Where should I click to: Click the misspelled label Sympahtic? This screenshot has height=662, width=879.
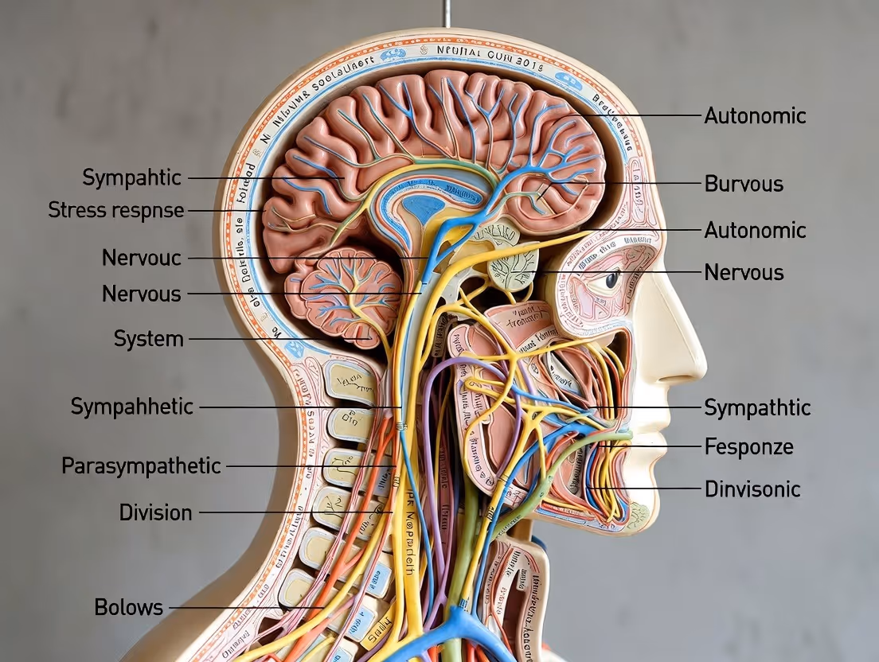click(x=132, y=177)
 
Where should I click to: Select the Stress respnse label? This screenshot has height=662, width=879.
click(x=115, y=211)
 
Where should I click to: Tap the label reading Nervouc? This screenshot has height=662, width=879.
click(x=142, y=258)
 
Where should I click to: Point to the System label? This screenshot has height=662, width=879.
click(x=148, y=339)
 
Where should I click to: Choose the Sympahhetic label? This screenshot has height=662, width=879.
click(x=131, y=407)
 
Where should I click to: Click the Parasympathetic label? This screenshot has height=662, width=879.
click(x=141, y=465)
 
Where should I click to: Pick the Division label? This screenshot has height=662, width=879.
click(x=155, y=512)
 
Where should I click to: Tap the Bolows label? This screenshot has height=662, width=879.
click(x=128, y=607)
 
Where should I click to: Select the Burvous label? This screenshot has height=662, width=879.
click(x=744, y=184)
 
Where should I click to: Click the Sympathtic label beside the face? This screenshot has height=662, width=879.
click(x=757, y=407)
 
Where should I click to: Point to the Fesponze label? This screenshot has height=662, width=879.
click(x=748, y=446)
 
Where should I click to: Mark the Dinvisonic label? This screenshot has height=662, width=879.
click(x=752, y=489)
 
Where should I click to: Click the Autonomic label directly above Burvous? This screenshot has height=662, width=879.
click(x=755, y=116)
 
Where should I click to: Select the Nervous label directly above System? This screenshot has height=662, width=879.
click(x=141, y=294)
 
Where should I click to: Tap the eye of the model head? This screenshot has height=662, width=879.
click(x=612, y=279)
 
